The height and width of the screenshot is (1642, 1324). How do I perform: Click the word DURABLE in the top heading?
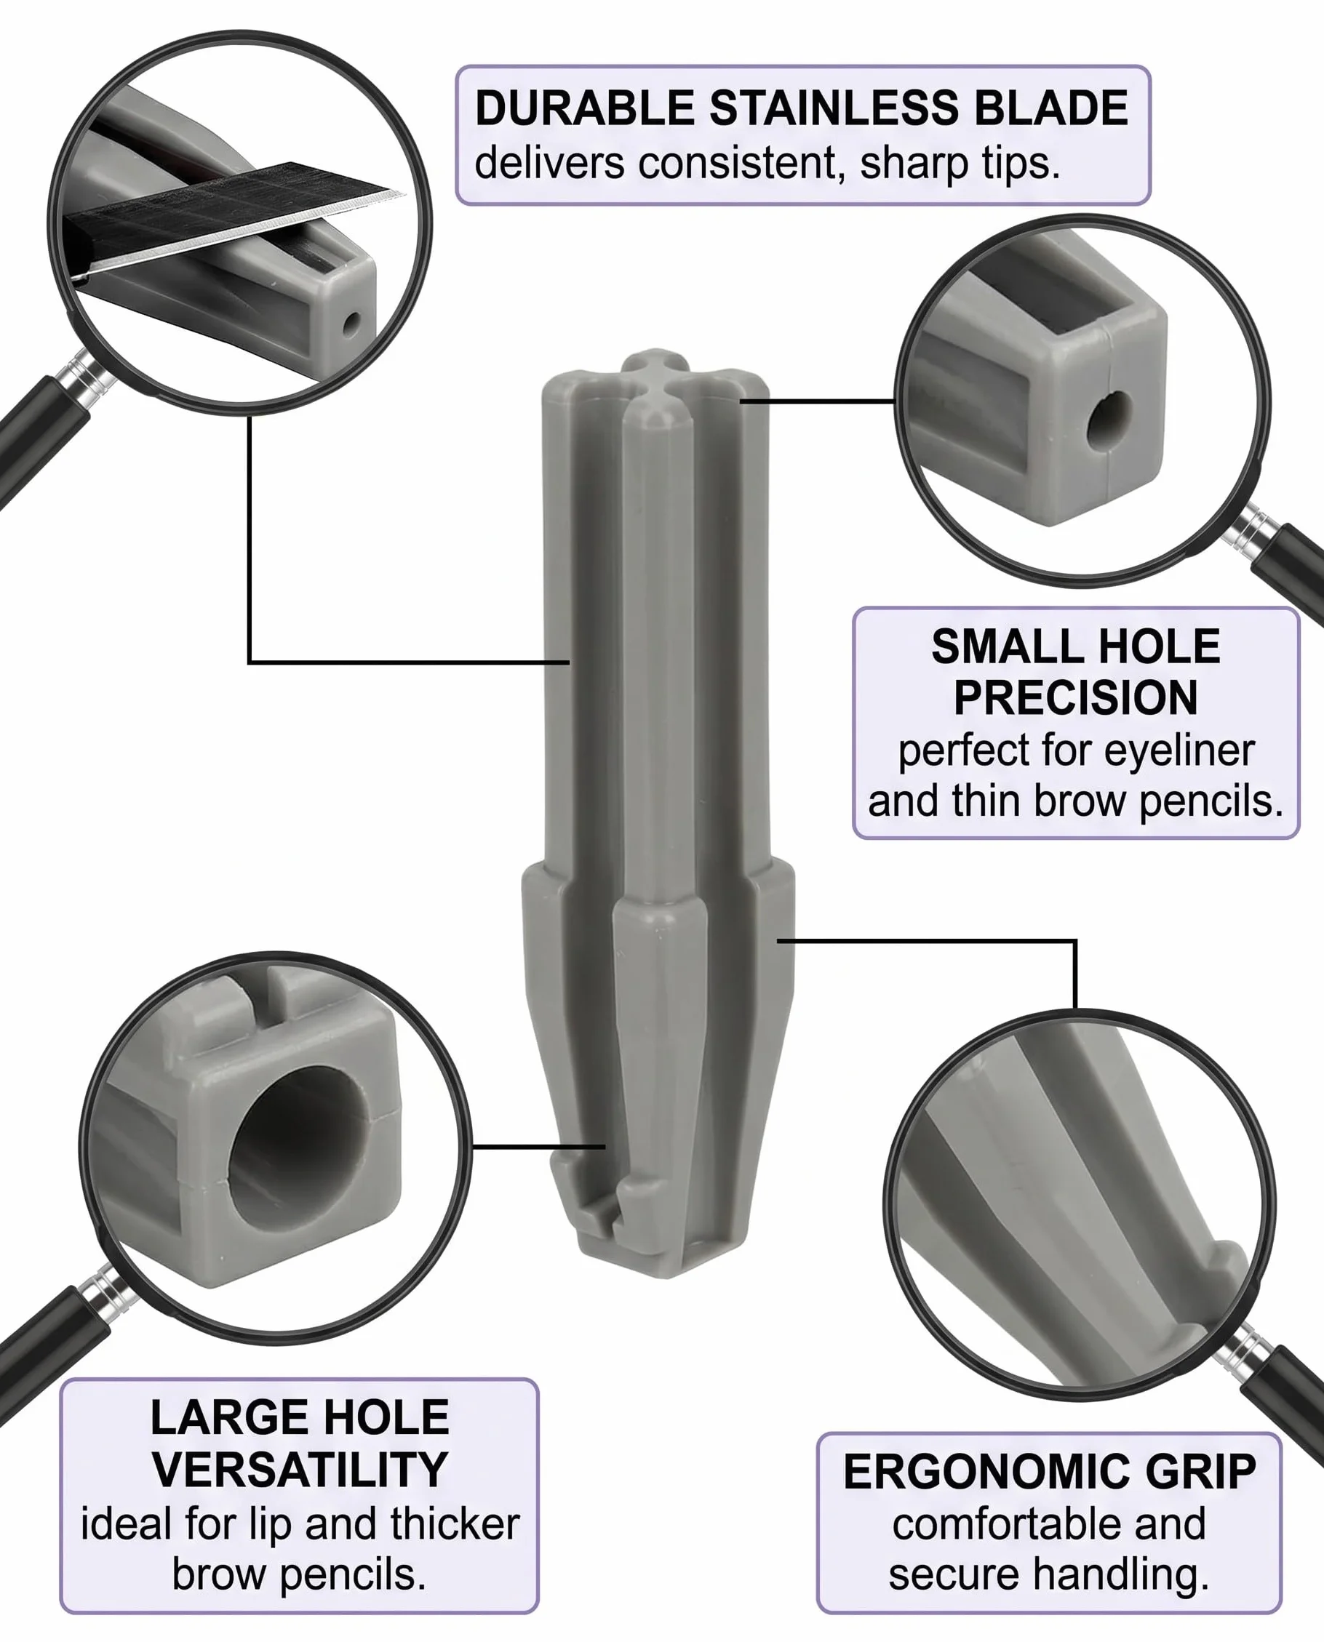584,108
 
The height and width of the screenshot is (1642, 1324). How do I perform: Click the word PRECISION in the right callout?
1075,697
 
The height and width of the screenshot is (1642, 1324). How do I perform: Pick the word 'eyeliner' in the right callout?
1179,750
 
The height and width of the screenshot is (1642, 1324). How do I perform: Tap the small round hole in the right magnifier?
1109,420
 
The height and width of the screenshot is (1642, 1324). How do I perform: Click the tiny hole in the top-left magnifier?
351,324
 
